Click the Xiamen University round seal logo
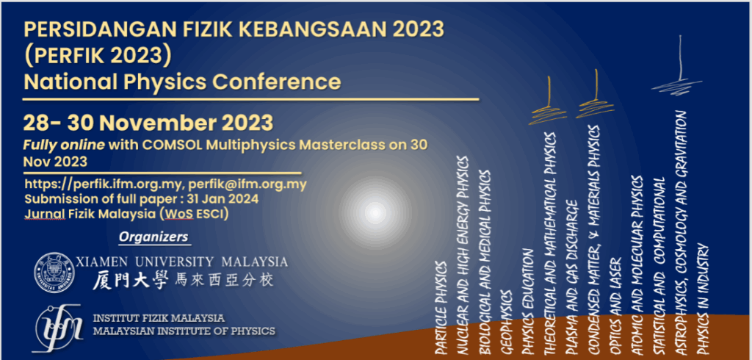point(54,272)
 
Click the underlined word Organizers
point(153,237)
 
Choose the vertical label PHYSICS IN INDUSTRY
point(704,300)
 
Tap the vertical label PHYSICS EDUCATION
point(527,302)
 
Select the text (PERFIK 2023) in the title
point(98,57)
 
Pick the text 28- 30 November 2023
point(148,123)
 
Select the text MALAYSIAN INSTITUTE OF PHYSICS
point(184,331)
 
